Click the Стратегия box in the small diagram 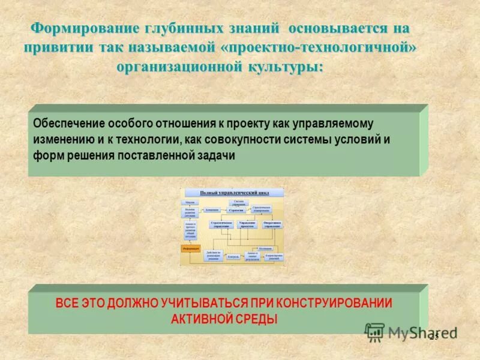[236, 211]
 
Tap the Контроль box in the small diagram [234, 256]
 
